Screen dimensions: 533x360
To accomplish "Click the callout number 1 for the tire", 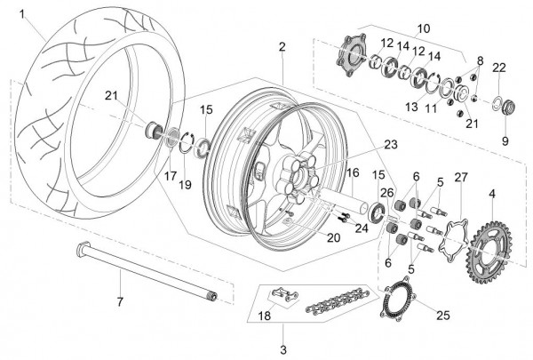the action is pos(22,14).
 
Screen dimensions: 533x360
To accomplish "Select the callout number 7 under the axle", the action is pos(120,302).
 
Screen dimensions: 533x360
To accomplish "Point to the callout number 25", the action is pos(443,316).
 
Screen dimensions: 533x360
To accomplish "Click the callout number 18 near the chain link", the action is pos(265,316).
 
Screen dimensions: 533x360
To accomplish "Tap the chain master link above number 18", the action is pos(284,294).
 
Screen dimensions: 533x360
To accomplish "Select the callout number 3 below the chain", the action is pos(283,349).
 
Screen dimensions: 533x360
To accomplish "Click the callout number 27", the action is pos(461,178).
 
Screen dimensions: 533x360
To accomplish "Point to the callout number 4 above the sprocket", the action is pos(492,195).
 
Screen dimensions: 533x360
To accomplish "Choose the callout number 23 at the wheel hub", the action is pos(391,144).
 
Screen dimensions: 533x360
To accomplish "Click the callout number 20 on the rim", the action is pos(333,237).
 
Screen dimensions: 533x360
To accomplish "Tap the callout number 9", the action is pos(505,140).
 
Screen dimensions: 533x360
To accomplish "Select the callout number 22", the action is pos(499,68).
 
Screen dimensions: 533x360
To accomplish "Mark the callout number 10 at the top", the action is pos(424,28).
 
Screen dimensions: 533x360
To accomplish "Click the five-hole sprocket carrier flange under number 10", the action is pos(351,54).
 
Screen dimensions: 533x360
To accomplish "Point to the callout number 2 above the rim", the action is pos(282,47).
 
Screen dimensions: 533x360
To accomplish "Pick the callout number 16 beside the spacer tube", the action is pos(353,172).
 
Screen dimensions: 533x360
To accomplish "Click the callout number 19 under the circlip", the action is pos(186,185).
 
